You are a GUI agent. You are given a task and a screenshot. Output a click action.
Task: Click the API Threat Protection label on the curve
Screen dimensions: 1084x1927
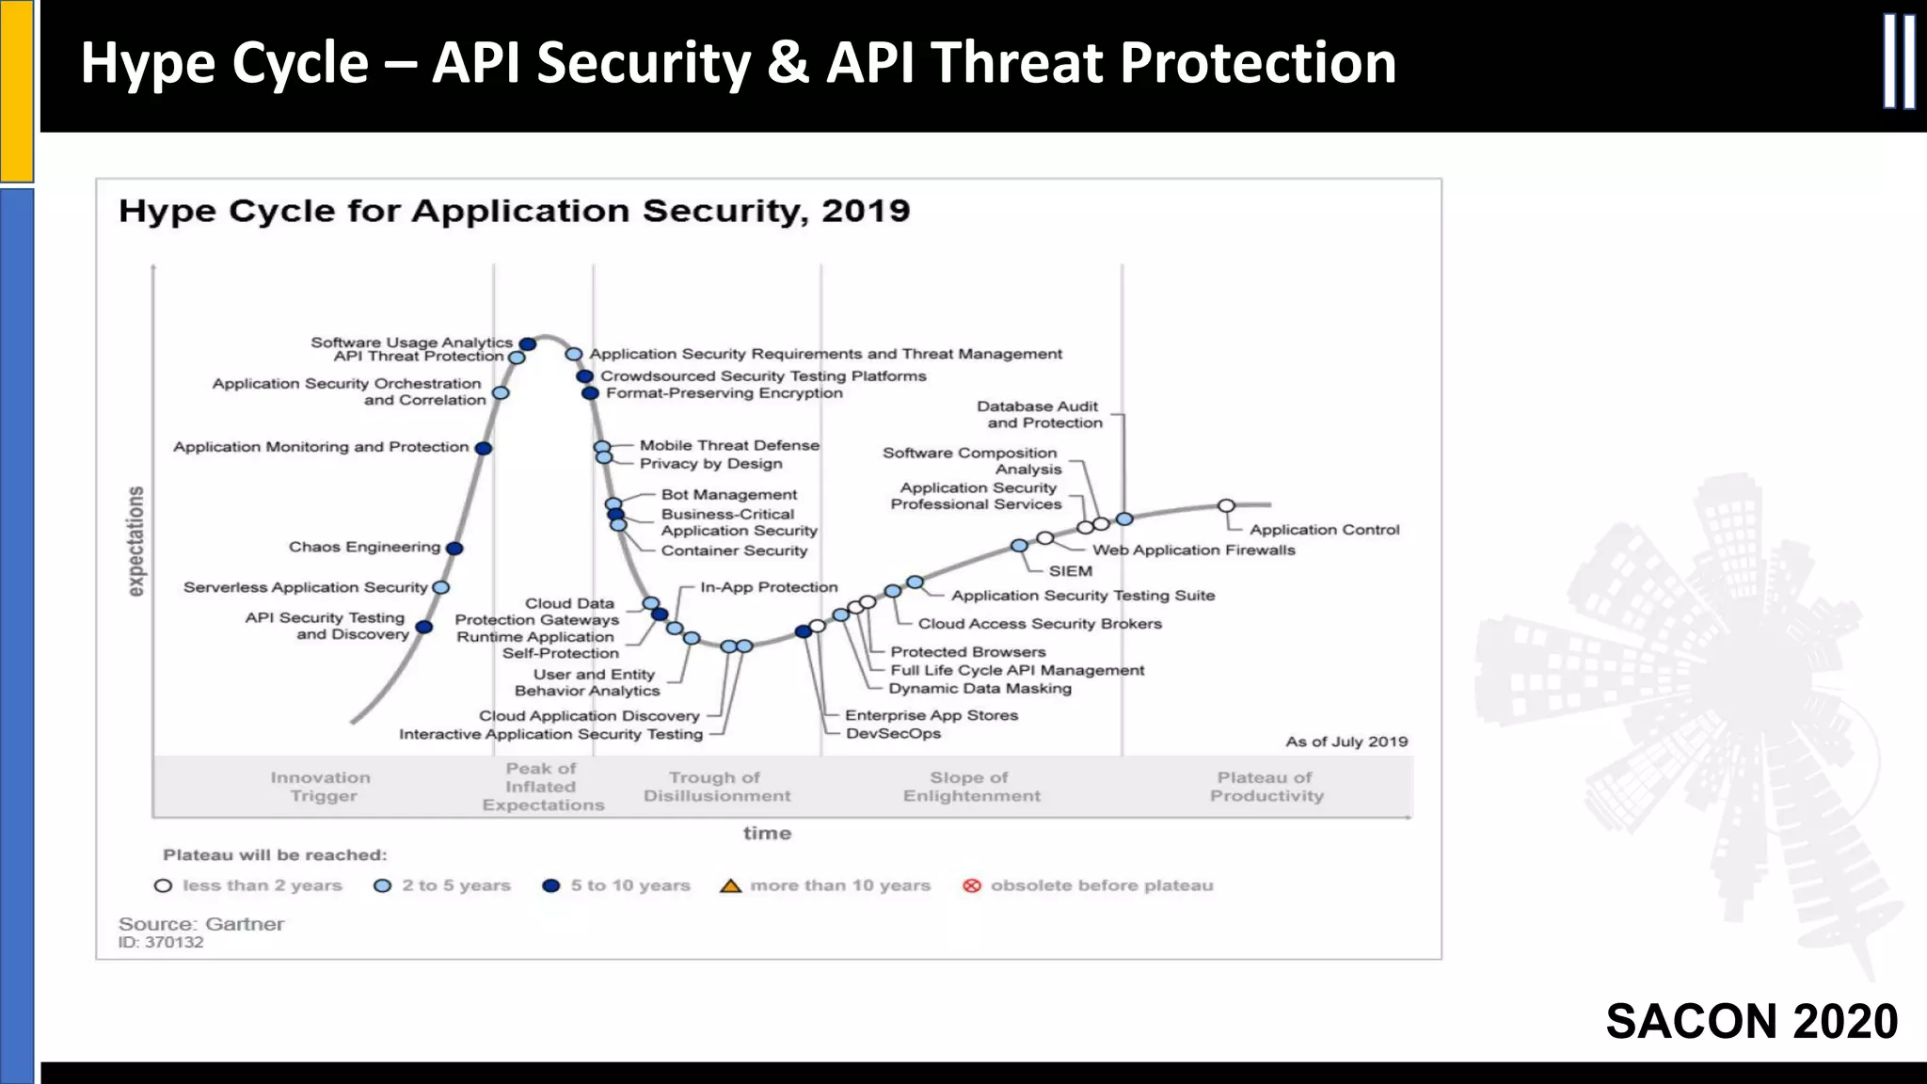[419, 357]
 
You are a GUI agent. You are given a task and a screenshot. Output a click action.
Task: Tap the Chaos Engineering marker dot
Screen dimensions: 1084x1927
[454, 549]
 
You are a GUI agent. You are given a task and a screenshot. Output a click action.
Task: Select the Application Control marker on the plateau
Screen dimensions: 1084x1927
[1226, 506]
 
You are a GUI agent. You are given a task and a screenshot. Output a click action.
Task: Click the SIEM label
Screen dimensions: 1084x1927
[1071, 571]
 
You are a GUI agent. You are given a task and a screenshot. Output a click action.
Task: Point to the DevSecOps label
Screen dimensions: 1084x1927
[893, 734]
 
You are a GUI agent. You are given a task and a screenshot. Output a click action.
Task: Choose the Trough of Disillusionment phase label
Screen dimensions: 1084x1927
[716, 787]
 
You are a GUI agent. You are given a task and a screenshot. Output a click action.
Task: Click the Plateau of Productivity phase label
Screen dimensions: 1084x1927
[1266, 787]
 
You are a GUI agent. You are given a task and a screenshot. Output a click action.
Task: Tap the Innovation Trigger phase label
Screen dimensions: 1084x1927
[321, 787]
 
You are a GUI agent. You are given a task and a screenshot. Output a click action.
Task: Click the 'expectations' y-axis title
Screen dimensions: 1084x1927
[136, 541]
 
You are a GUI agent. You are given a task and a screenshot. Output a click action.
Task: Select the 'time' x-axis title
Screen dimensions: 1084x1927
[767, 834]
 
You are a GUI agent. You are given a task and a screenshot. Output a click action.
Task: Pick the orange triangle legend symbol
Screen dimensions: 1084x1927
[730, 886]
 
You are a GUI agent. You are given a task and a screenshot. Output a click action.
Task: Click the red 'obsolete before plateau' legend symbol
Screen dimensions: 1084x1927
[972, 886]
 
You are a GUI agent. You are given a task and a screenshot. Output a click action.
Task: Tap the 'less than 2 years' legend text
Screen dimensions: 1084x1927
[262, 886]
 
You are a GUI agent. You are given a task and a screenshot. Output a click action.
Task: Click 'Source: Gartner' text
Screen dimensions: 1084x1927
[201, 924]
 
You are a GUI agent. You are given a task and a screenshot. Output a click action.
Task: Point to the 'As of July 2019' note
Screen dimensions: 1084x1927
[1346, 741]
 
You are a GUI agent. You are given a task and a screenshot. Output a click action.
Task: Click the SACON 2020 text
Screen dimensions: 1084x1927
[1751, 1022]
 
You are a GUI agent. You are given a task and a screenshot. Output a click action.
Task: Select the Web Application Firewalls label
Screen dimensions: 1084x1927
[1193, 550]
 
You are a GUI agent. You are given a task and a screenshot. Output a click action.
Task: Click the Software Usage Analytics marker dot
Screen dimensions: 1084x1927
[528, 344]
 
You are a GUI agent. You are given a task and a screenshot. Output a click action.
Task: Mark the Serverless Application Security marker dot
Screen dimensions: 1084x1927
[440, 588]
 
